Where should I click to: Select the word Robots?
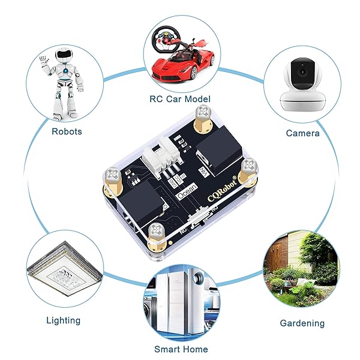pos(67,131)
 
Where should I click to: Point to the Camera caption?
pos(302,133)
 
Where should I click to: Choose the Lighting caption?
pos(64,320)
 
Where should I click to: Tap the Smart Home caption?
pos(181,349)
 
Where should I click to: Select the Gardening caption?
pos(302,323)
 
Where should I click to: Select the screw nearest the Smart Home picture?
pos(157,229)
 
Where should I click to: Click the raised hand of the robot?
pos(43,61)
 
